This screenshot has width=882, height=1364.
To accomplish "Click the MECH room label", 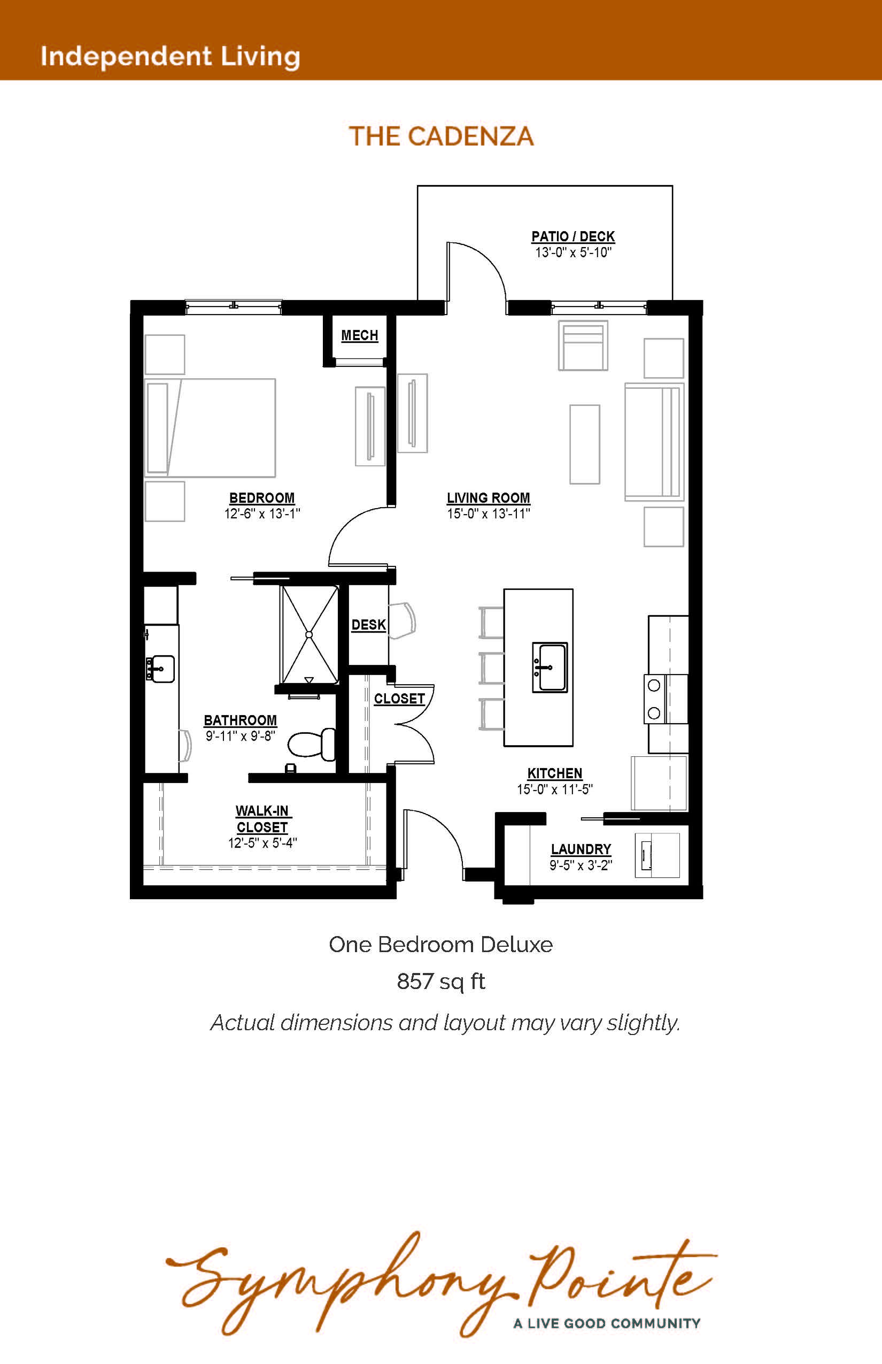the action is pos(360,335).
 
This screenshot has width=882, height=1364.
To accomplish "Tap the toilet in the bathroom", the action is pos(312,744).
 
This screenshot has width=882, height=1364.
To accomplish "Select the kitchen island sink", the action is pos(550,667).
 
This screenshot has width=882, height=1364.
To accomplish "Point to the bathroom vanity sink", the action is pos(160,669).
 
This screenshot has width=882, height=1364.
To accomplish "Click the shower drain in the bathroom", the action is pos(310,634).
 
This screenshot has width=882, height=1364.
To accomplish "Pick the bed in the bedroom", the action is pos(210,427).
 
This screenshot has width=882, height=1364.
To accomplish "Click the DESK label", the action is pos(368,625).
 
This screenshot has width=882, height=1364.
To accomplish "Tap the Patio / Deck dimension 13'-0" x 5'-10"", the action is pos(573,252).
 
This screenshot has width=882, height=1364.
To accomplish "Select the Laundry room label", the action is pos(581,849).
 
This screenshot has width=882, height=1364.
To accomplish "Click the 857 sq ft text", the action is pos(441,982).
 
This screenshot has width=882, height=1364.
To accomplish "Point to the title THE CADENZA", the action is pos(442,136).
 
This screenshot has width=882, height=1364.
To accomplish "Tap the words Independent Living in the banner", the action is pos(170,56).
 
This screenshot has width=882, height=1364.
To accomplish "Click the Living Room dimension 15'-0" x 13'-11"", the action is pos(489,514).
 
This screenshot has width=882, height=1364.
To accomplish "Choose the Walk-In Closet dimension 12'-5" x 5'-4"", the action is pos(262,842).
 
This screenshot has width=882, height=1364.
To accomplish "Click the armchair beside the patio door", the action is pos(583,345).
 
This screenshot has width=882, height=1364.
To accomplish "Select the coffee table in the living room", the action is pos(585,444).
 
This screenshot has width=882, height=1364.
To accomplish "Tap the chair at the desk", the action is pos(402,620).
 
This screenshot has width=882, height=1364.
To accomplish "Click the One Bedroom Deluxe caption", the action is pos(441,945).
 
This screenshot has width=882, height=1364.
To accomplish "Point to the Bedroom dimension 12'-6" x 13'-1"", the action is pos(262,514).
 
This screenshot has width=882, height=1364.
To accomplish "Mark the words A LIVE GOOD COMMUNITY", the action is pos(607,1323).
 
